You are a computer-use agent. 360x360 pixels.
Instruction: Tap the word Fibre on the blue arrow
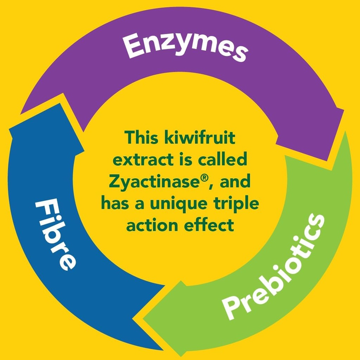pos(56,234)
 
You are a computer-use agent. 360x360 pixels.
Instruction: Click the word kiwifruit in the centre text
pos(199,137)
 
